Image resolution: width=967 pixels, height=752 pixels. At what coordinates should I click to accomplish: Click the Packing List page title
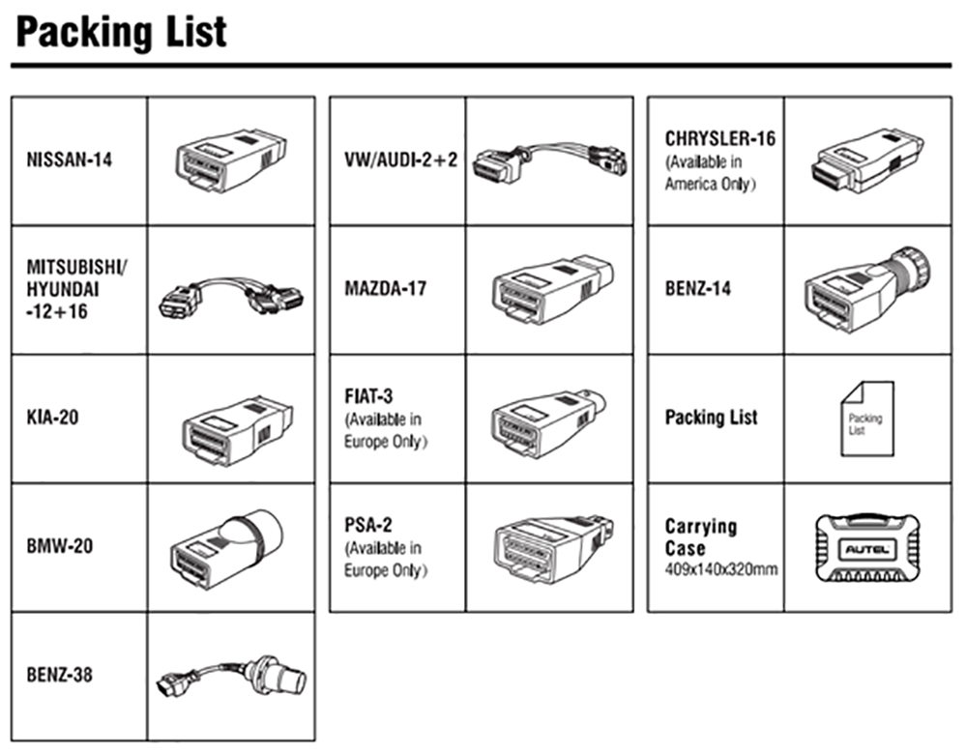[122, 33]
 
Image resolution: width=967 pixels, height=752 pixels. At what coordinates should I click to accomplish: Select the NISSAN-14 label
[69, 160]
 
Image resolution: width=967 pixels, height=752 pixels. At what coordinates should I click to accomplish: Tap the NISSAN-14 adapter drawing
[231, 160]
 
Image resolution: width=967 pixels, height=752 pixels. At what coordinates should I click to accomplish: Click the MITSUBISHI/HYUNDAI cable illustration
[231, 295]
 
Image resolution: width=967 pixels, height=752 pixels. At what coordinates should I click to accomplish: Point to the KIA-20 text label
[52, 418]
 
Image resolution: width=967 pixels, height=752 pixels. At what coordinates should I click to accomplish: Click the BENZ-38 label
[59, 675]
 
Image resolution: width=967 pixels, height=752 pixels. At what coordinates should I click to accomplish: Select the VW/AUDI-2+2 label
[401, 160]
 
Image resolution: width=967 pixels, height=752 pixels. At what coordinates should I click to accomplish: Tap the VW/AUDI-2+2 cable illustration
[549, 160]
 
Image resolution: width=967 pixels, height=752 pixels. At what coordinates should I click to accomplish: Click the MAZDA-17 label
[386, 288]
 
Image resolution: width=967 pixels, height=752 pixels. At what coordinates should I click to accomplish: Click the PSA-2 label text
[368, 525]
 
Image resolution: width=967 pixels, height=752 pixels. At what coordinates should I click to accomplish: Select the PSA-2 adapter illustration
[554, 549]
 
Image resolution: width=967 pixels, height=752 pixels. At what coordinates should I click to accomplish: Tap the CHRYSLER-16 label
[719, 138]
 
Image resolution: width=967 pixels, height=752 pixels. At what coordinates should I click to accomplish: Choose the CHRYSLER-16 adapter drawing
[866, 160]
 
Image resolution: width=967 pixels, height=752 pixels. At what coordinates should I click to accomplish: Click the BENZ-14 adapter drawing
[867, 290]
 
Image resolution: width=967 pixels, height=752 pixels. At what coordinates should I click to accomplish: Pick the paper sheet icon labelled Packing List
[867, 419]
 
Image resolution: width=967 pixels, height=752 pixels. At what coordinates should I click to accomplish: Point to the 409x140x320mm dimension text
[721, 569]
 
